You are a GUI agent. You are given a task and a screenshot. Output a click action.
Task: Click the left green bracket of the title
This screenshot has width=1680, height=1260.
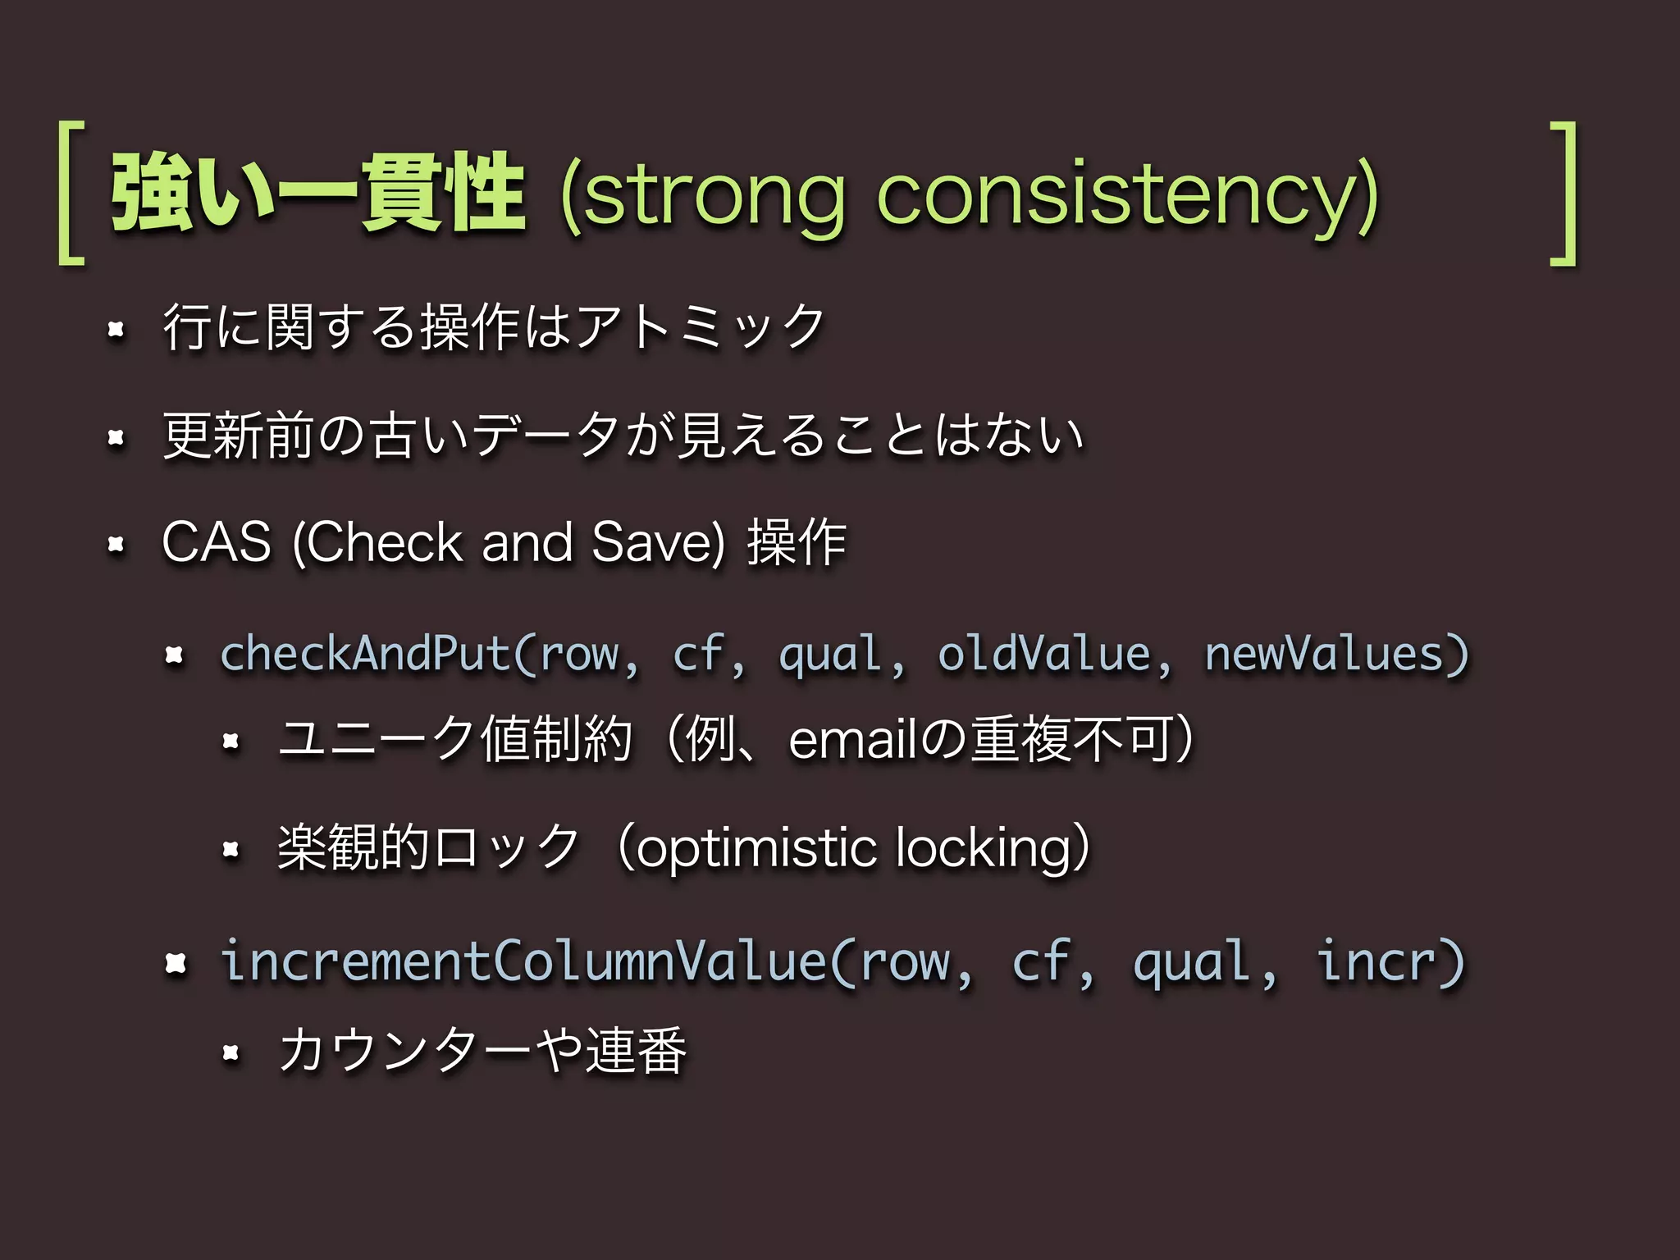[x=71, y=194]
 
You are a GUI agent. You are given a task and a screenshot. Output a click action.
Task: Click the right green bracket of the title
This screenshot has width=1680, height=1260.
[x=1564, y=194]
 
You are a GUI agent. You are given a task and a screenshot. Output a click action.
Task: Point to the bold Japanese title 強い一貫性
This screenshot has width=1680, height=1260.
[x=318, y=194]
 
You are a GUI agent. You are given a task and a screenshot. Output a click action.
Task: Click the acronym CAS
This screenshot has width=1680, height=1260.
[x=217, y=542]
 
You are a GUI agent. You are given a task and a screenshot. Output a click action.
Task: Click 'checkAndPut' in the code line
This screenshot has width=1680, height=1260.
[x=366, y=655]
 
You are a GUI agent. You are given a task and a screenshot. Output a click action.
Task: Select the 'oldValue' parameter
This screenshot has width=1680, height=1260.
[x=1044, y=655]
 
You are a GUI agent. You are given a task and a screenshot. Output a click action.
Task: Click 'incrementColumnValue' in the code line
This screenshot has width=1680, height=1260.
[x=523, y=961]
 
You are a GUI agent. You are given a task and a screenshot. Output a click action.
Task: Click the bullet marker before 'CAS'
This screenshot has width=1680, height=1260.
[x=116, y=544]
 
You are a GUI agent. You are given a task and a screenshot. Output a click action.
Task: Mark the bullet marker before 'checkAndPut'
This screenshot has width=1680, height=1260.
[x=174, y=655]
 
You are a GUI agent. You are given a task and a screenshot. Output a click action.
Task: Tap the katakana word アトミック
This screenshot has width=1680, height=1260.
[x=700, y=326]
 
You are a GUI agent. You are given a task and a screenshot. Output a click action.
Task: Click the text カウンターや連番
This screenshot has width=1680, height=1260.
[x=482, y=1051]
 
